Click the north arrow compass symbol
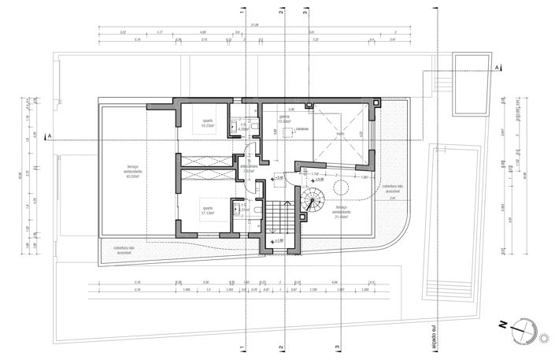tap(523, 330)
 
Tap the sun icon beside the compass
tap(543, 338)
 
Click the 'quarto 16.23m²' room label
tap(209, 123)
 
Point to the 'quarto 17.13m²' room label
tap(209, 210)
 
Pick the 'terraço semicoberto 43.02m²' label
tap(131, 171)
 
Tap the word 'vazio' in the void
tap(341, 135)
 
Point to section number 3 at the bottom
tap(339, 347)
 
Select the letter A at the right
tap(498, 69)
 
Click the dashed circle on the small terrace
tap(342, 187)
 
